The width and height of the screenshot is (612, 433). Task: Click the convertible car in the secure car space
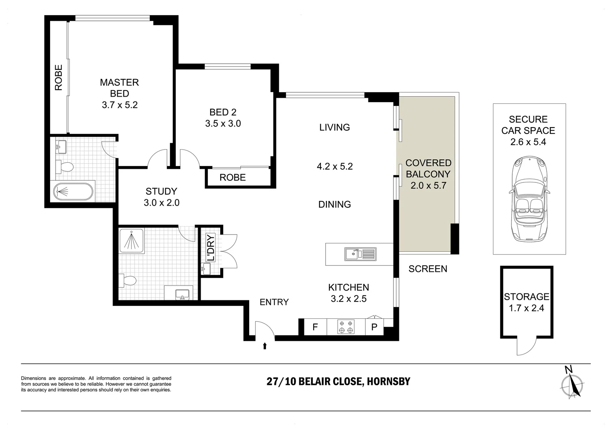pyautogui.click(x=529, y=199)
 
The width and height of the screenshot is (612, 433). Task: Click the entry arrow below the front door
pyautogui.click(x=264, y=346)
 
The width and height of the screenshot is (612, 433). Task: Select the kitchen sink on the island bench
pyautogui.click(x=360, y=254)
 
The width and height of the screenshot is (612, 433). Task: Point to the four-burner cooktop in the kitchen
pyautogui.click(x=346, y=327)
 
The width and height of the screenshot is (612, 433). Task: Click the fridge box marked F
pyautogui.click(x=315, y=327)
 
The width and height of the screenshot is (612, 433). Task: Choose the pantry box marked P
pyautogui.click(x=374, y=327)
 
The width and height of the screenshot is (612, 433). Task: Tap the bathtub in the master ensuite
pyautogui.click(x=73, y=191)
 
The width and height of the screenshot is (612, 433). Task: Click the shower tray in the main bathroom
pyautogui.click(x=131, y=241)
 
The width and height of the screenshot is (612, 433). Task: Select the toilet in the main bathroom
pyautogui.click(x=128, y=280)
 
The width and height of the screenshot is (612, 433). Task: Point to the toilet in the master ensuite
pyautogui.click(x=64, y=166)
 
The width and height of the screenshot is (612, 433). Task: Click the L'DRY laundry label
pyautogui.click(x=211, y=247)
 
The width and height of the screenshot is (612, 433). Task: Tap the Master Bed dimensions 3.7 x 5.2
pyautogui.click(x=120, y=105)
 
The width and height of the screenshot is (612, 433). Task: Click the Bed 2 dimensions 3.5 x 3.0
pyautogui.click(x=223, y=123)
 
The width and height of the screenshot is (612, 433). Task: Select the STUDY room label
pyautogui.click(x=161, y=191)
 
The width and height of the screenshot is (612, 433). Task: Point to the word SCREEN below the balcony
pyautogui.click(x=428, y=269)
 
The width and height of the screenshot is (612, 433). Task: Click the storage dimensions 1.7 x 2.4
pyautogui.click(x=526, y=308)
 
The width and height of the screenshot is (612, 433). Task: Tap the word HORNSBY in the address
pyautogui.click(x=389, y=381)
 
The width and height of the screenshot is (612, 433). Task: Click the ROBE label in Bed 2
pyautogui.click(x=233, y=178)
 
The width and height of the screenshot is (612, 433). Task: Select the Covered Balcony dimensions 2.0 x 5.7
pyautogui.click(x=429, y=186)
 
